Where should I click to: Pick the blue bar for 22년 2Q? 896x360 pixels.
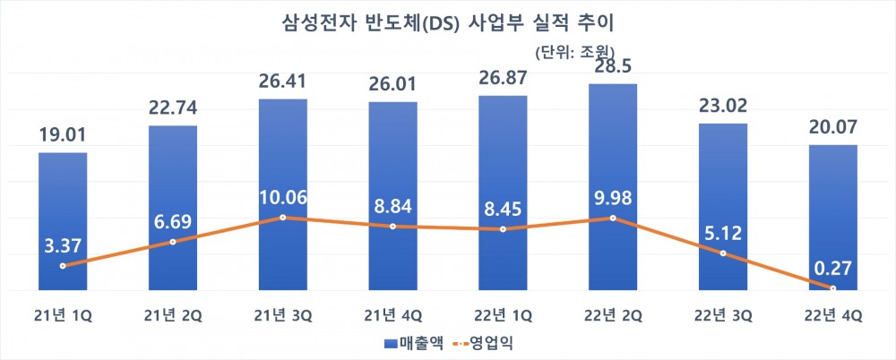613,161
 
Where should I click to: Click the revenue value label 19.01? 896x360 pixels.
63,137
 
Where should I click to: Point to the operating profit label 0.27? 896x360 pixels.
833,266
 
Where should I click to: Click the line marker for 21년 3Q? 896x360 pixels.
283,218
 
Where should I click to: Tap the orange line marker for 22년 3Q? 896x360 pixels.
723,254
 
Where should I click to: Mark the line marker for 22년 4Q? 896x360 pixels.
833,288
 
